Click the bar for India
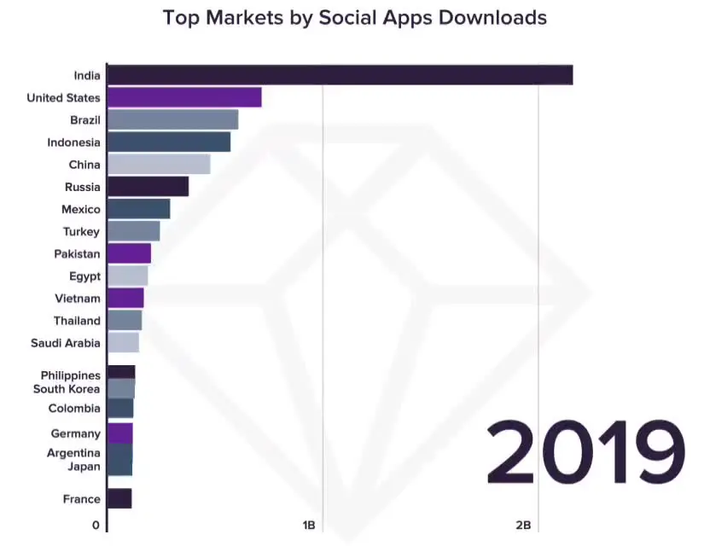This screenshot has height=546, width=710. click(x=340, y=75)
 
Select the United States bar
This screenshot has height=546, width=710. click(x=184, y=97)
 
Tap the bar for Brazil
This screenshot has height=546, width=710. click(x=172, y=120)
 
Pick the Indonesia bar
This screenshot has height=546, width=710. click(x=169, y=142)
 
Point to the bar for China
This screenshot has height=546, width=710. click(x=159, y=165)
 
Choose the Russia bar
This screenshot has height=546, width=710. click(x=148, y=187)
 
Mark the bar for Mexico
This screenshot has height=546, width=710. click(x=138, y=209)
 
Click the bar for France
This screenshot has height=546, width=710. click(x=119, y=499)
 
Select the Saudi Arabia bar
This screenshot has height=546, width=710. click(x=123, y=343)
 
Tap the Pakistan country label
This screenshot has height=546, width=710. click(x=77, y=254)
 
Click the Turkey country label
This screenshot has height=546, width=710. click(x=81, y=232)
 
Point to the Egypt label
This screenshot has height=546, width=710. click(x=84, y=276)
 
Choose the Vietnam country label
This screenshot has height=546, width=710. click(x=79, y=299)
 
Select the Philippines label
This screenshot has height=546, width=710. click(x=70, y=375)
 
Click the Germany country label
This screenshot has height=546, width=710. click(x=75, y=433)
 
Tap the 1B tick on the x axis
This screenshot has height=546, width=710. click(x=309, y=526)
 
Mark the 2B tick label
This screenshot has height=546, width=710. click(x=523, y=526)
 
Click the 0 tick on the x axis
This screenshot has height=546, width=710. click(x=96, y=526)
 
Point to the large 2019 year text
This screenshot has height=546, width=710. click(x=585, y=452)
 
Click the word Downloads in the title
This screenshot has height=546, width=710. click(x=492, y=17)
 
